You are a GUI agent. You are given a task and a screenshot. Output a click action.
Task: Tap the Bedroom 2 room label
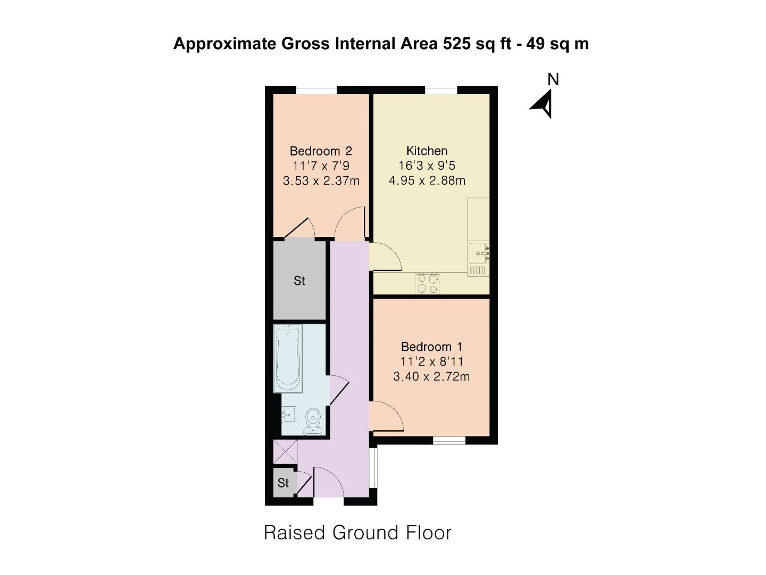pos(320,151)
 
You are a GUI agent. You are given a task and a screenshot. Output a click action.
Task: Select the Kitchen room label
pos(427,151)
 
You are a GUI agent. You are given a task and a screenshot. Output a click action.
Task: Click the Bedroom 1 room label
pos(432,347)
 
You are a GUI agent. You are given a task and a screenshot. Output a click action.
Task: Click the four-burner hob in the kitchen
pos(428,283)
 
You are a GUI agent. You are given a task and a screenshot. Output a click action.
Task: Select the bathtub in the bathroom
pos(288,358)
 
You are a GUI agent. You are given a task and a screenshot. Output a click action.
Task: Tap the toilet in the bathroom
pos(313,422)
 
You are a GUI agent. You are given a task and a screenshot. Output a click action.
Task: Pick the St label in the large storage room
pos(299,281)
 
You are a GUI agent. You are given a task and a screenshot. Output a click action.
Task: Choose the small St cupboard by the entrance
pos(282,483)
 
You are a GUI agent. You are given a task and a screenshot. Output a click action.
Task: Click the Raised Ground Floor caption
pos(357,532)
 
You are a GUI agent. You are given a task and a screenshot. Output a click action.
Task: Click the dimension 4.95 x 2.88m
pos(427,180)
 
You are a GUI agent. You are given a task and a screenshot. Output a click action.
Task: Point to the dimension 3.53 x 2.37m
pos(321,181)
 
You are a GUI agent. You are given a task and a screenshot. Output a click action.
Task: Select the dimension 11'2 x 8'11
pos(432,362)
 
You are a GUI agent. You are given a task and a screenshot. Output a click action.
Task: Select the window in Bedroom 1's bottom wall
pos(449,440)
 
